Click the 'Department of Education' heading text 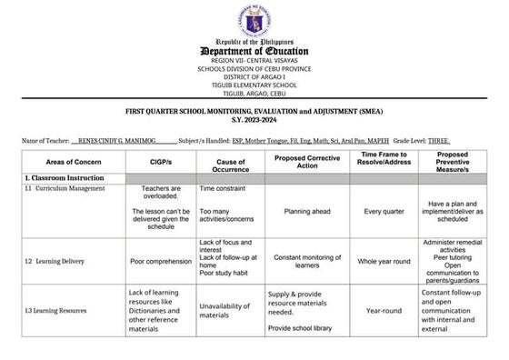click(255, 52)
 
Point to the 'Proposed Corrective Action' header click(306, 160)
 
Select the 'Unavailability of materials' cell click(226, 311)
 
